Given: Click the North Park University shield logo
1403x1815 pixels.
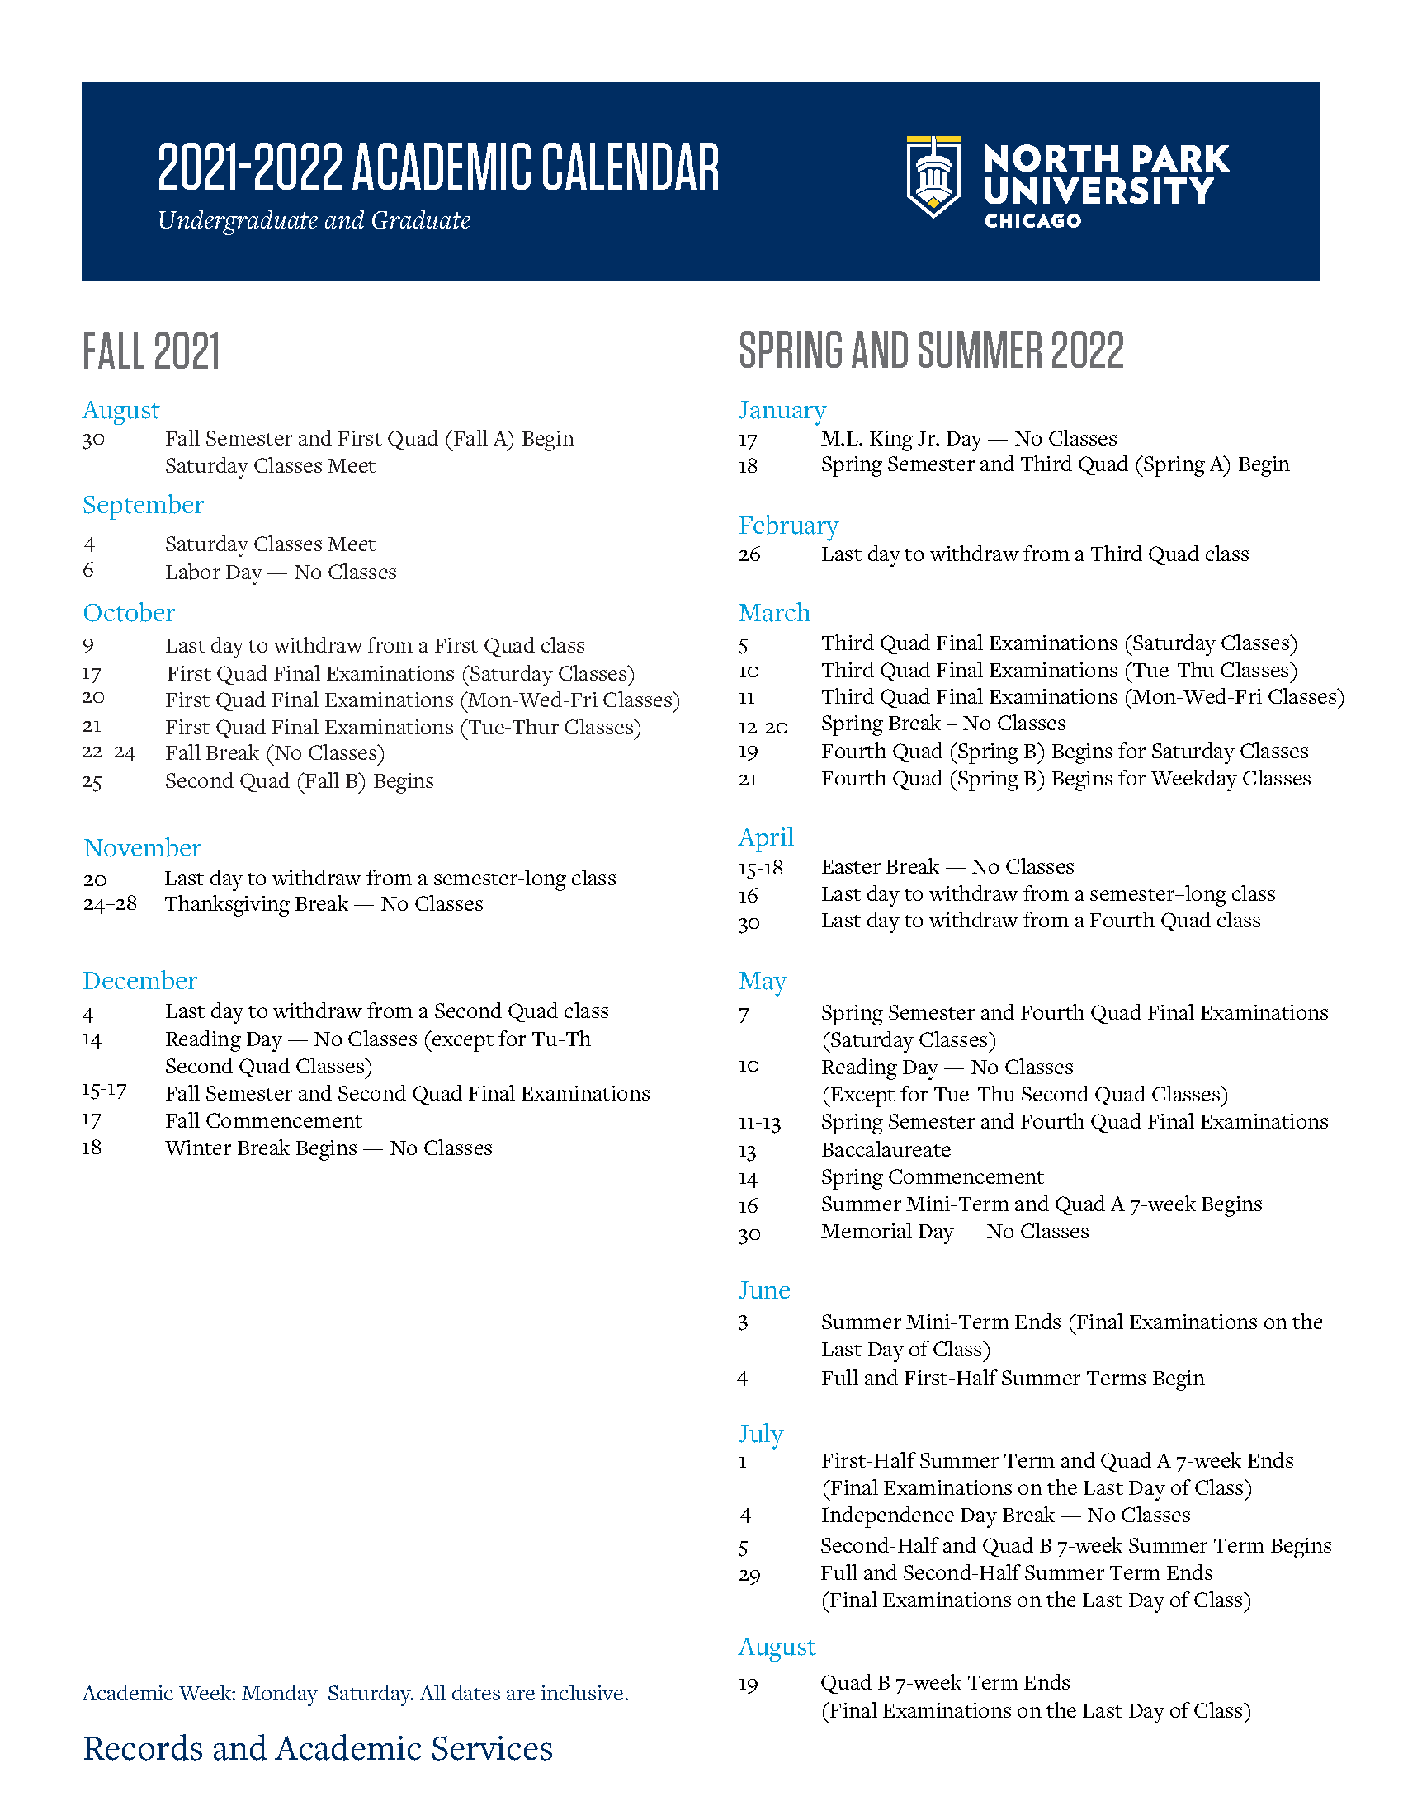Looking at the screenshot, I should click(x=933, y=177).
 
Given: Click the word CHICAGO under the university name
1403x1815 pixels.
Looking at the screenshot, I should click(x=1032, y=221).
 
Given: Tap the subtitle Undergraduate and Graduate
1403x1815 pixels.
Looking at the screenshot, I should click(x=314, y=220).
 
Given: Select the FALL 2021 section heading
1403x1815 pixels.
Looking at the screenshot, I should click(x=151, y=351).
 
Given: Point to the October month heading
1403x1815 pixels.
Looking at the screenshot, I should click(x=129, y=613).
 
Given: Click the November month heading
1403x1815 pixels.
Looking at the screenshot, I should click(x=142, y=848).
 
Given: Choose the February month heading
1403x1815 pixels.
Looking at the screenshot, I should click(x=788, y=526).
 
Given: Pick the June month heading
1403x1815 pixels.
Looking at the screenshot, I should click(x=764, y=1290).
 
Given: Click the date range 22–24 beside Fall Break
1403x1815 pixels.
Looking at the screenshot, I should click(x=109, y=752).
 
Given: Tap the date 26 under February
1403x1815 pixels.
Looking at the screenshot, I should click(x=749, y=554).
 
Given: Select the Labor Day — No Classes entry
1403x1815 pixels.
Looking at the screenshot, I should click(x=280, y=573).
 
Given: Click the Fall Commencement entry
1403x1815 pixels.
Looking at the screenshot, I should click(x=263, y=1121).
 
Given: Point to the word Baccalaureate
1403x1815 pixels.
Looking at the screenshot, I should click(x=886, y=1150).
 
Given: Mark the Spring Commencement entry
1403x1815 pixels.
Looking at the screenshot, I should click(x=932, y=1177).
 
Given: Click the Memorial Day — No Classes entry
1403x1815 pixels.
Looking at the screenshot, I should click(x=954, y=1232).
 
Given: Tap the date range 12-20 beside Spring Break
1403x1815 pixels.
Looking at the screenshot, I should click(x=763, y=727).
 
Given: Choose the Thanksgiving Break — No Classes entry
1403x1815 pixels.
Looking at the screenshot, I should click(x=324, y=904).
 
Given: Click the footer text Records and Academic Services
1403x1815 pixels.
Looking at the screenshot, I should click(x=318, y=1749).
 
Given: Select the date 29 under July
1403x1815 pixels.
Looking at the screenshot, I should click(x=749, y=1576).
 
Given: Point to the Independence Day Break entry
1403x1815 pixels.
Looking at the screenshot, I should click(x=1005, y=1516).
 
